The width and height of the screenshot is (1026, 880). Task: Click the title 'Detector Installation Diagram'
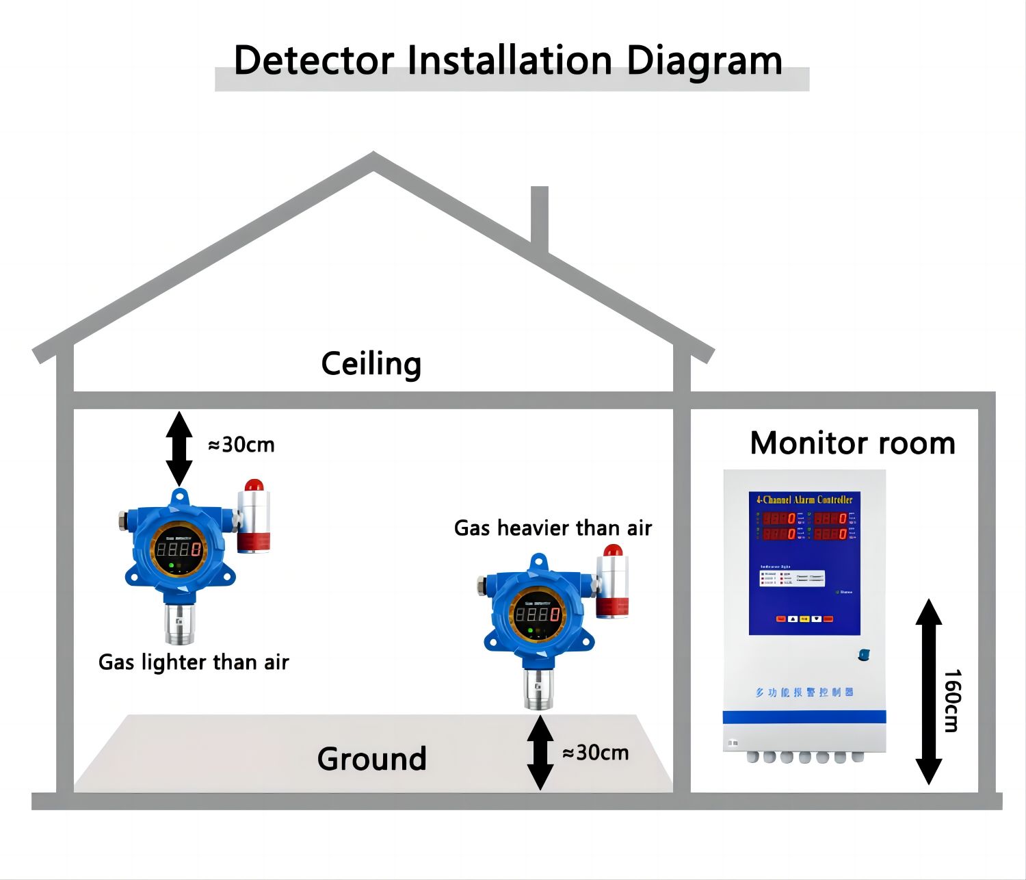508,61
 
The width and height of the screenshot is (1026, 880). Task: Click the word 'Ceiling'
371,364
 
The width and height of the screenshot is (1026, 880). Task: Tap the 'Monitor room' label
852,443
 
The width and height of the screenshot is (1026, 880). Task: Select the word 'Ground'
371,759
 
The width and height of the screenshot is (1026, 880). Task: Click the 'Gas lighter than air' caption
194,662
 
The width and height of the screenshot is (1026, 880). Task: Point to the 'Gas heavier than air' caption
553,528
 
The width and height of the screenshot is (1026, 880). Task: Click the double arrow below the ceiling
179,448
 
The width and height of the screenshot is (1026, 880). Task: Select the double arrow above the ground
540,753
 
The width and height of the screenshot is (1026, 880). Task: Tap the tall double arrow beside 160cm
929,691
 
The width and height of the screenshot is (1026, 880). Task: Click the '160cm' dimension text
952,701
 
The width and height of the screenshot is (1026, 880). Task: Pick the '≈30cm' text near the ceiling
241,445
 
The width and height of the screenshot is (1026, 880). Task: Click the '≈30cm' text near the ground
595,753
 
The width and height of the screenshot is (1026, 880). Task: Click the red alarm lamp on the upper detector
254,485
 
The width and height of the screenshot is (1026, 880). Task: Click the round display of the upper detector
179,549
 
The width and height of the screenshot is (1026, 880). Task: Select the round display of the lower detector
538,614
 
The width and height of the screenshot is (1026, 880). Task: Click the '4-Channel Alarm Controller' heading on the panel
804,500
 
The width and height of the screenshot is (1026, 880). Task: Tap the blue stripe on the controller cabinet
804,717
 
